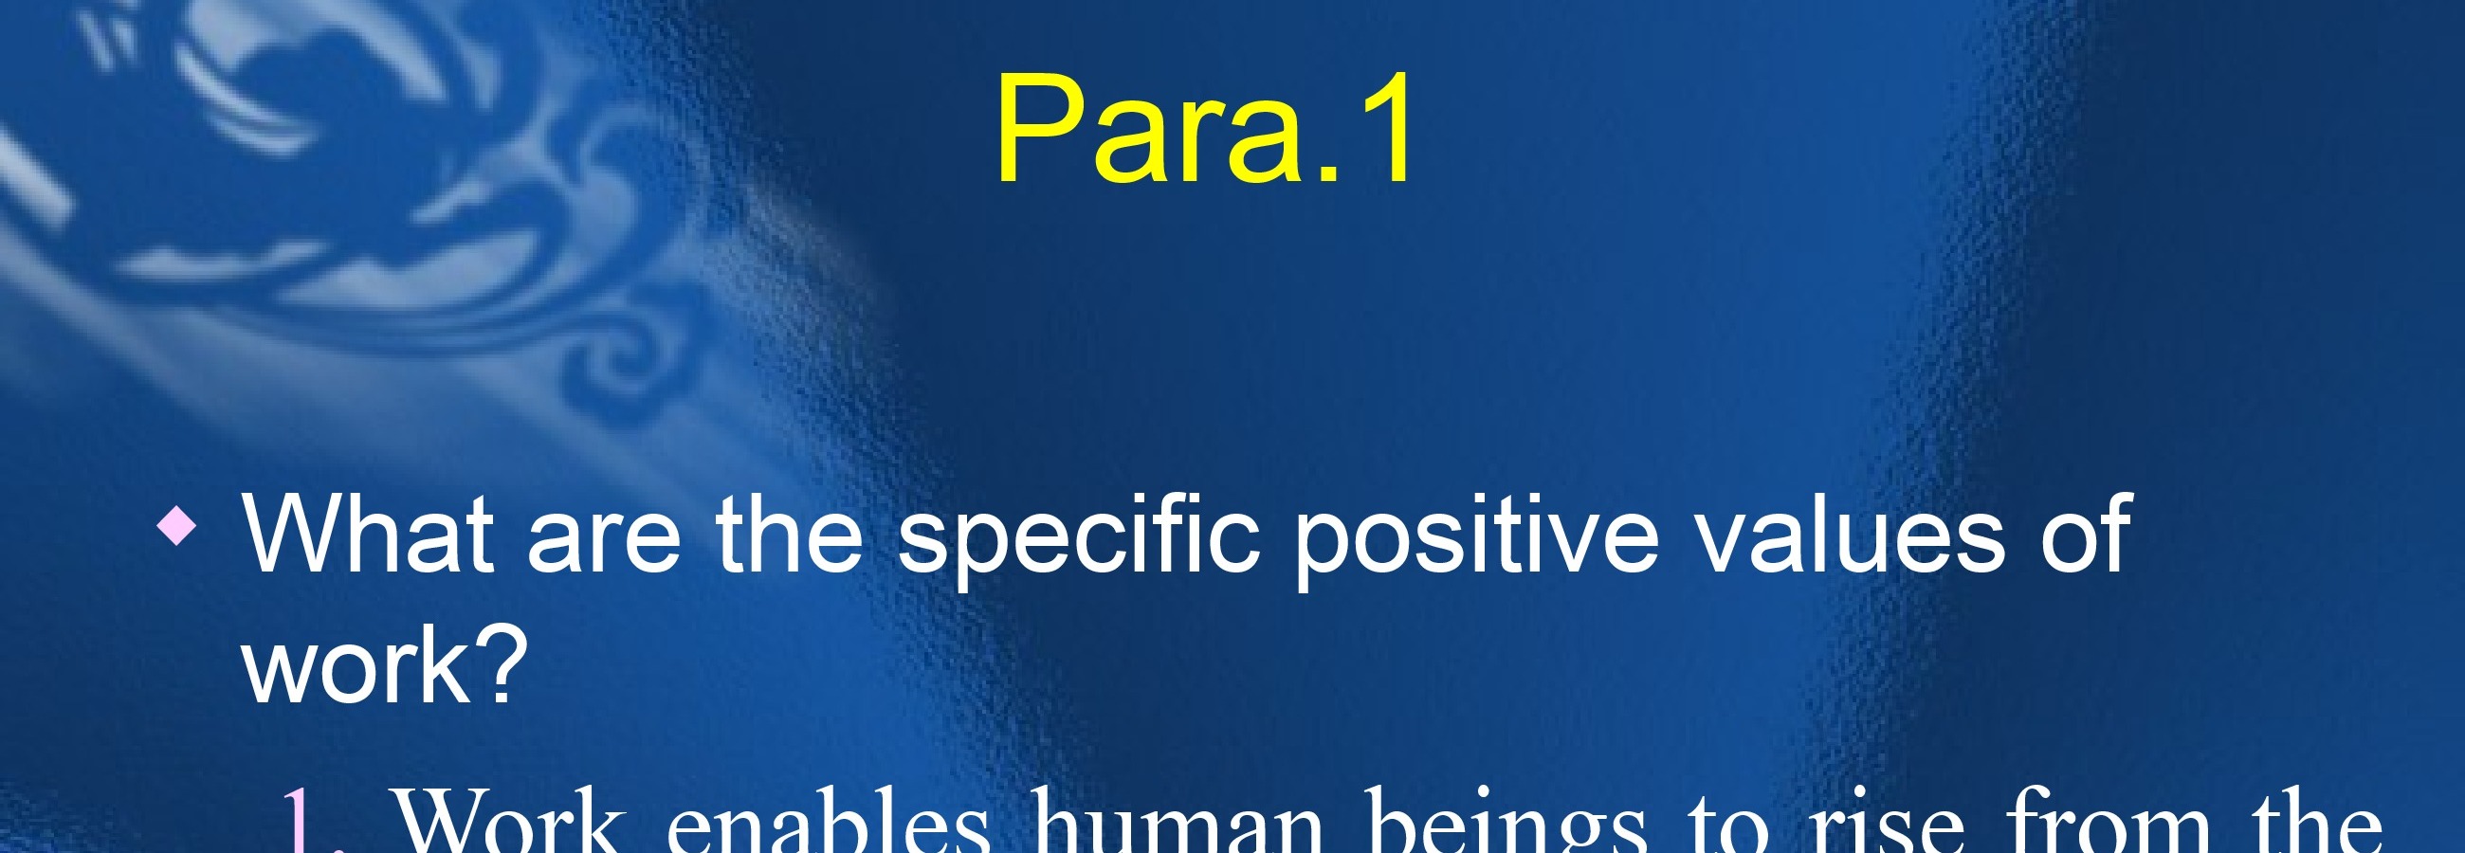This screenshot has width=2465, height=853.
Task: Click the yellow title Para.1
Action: tap(1203, 128)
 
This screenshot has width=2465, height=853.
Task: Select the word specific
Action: tap(1077, 543)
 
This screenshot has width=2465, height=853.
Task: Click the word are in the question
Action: tap(604, 543)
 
